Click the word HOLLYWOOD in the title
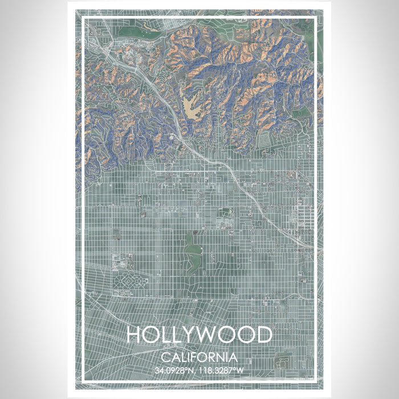coord(199,335)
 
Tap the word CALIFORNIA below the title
coord(199,357)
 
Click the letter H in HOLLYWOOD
coord(135,335)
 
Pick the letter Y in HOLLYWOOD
coord(184,335)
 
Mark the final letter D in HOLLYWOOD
coord(263,335)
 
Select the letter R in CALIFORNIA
coord(214,357)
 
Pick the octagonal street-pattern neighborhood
coord(131,281)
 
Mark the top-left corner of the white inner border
coord(83,19)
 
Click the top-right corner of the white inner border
coord(316,19)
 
